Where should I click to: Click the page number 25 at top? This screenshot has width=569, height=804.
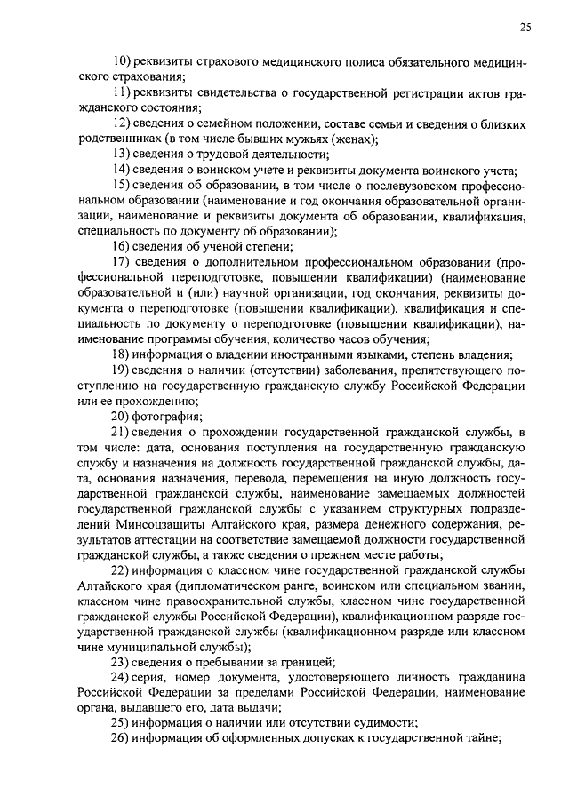tap(525, 28)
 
